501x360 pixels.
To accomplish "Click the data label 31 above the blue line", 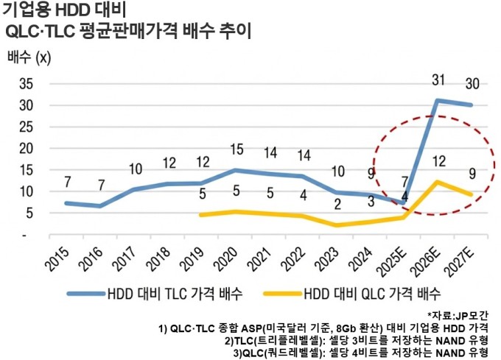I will click(438, 80).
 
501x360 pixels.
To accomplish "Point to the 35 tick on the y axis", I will click(24, 83).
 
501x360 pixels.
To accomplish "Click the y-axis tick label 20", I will click(24, 148).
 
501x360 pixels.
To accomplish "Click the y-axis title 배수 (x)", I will click(29, 57).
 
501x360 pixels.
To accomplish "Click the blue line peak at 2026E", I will click(438, 100).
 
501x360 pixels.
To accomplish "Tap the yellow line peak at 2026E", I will click(438, 181).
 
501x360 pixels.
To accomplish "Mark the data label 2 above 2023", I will click(336, 204).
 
